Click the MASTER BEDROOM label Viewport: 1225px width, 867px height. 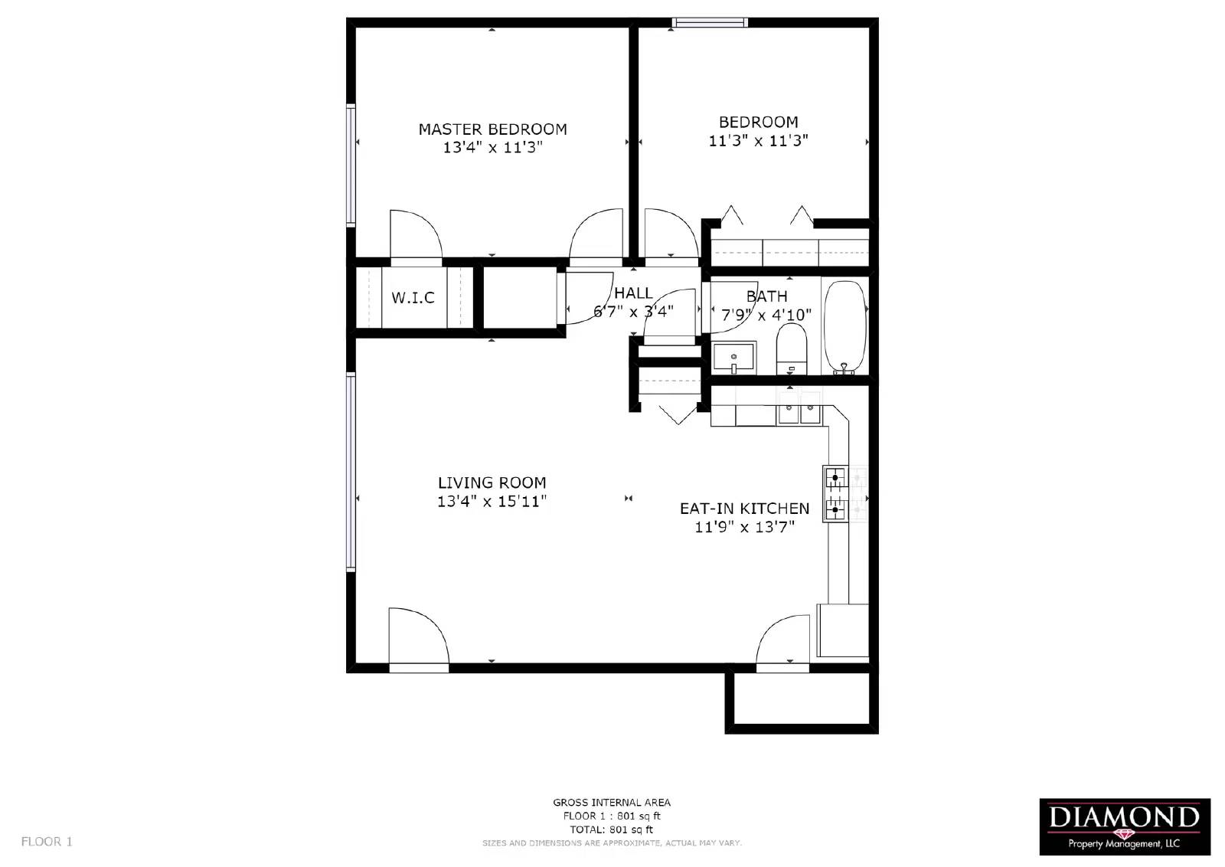click(x=492, y=129)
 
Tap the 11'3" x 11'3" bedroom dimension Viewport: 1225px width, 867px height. click(x=758, y=141)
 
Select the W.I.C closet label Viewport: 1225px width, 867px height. click(x=413, y=297)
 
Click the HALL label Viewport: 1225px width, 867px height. click(x=633, y=293)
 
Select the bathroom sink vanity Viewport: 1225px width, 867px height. click(x=733, y=358)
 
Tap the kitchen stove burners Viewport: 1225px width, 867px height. click(x=835, y=493)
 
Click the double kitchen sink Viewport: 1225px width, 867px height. click(x=799, y=414)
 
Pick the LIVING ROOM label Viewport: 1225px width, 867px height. click(x=492, y=483)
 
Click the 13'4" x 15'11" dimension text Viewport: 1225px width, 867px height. click(x=492, y=502)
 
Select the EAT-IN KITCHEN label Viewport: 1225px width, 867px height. click(x=744, y=509)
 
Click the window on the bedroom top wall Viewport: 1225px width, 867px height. click(x=709, y=22)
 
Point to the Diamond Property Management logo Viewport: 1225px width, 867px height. click(x=1124, y=826)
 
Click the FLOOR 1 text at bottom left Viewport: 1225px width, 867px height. click(x=47, y=841)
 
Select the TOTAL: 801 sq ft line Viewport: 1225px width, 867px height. click(x=611, y=829)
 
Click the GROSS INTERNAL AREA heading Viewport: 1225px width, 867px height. click(x=611, y=803)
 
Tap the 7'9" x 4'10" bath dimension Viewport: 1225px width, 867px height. click(x=766, y=314)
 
